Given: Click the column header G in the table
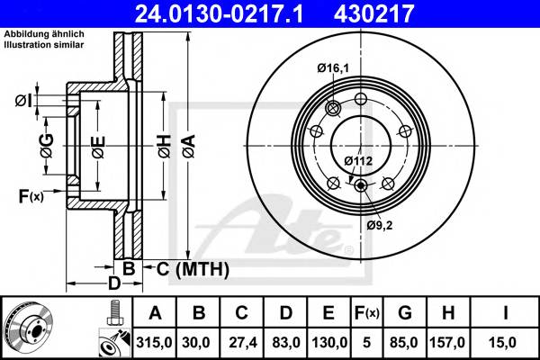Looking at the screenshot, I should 404,313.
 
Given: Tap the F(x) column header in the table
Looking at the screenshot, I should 365,313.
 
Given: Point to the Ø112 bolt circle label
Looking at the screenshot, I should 358,161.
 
